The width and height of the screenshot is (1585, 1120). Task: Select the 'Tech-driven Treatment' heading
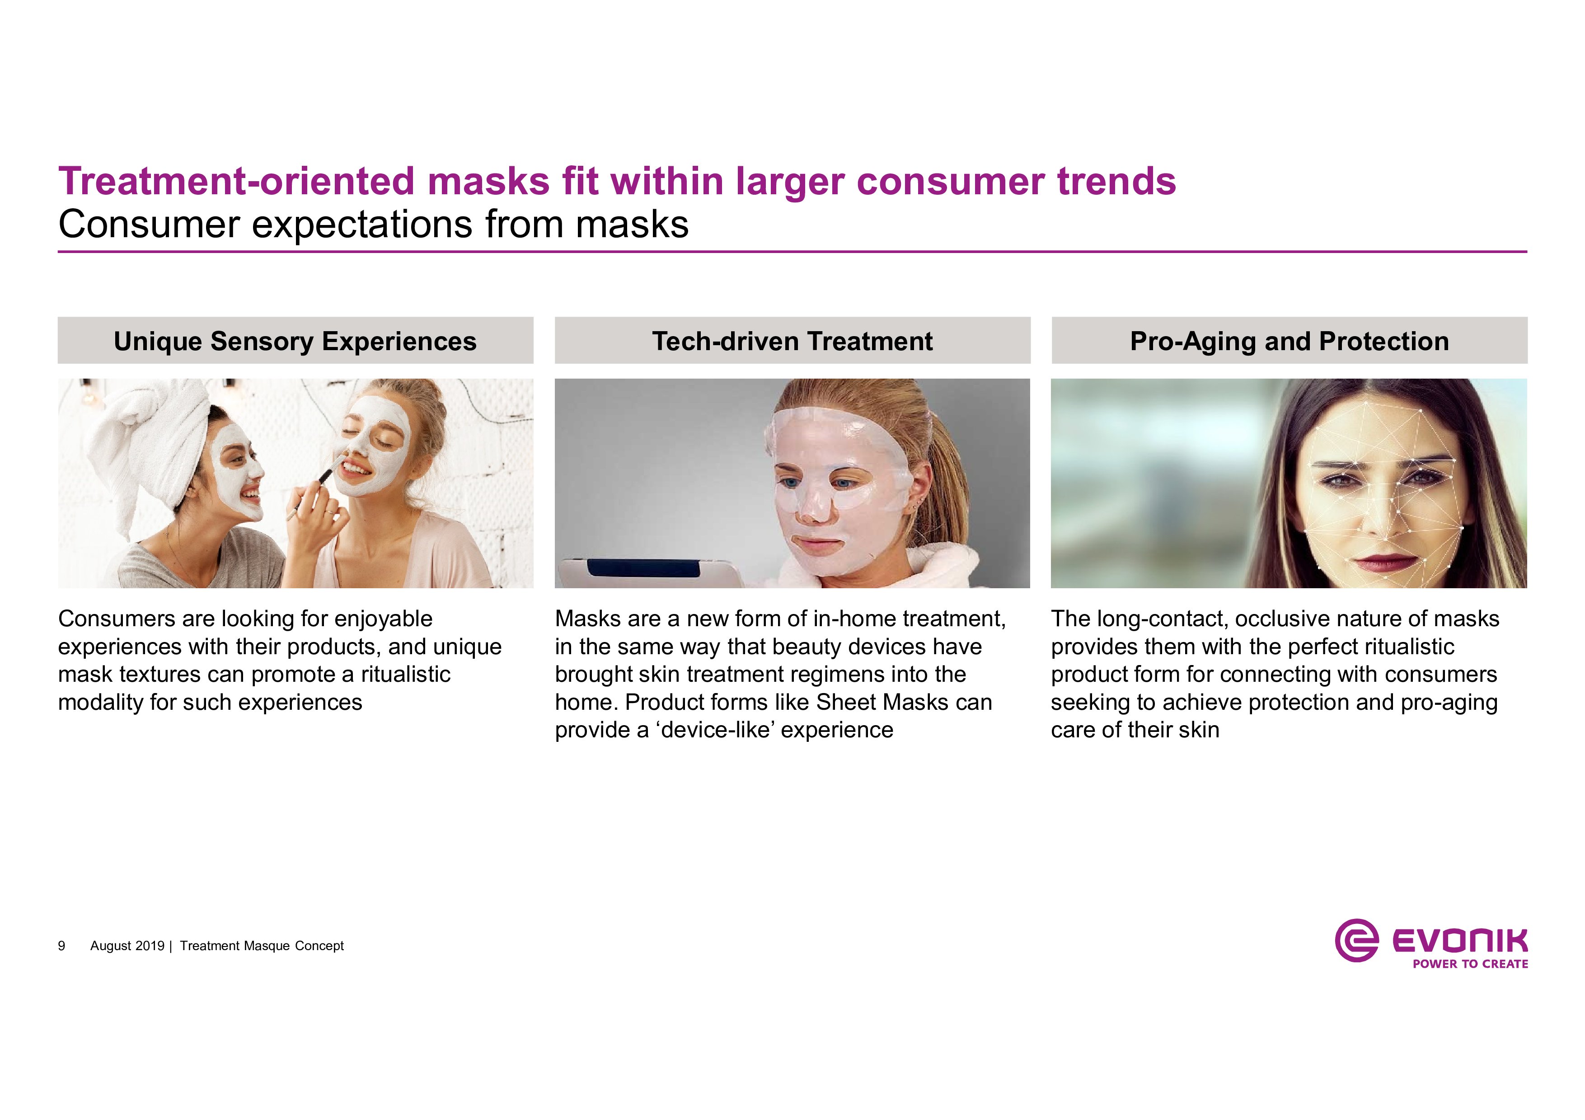[x=792, y=341]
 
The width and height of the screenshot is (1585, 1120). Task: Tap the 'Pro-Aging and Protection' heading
[x=1289, y=342]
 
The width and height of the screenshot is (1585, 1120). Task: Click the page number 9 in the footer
[x=61, y=946]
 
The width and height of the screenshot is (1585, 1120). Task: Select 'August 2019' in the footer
[x=127, y=946]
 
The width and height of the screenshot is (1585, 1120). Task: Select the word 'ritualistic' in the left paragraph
[x=405, y=674]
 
